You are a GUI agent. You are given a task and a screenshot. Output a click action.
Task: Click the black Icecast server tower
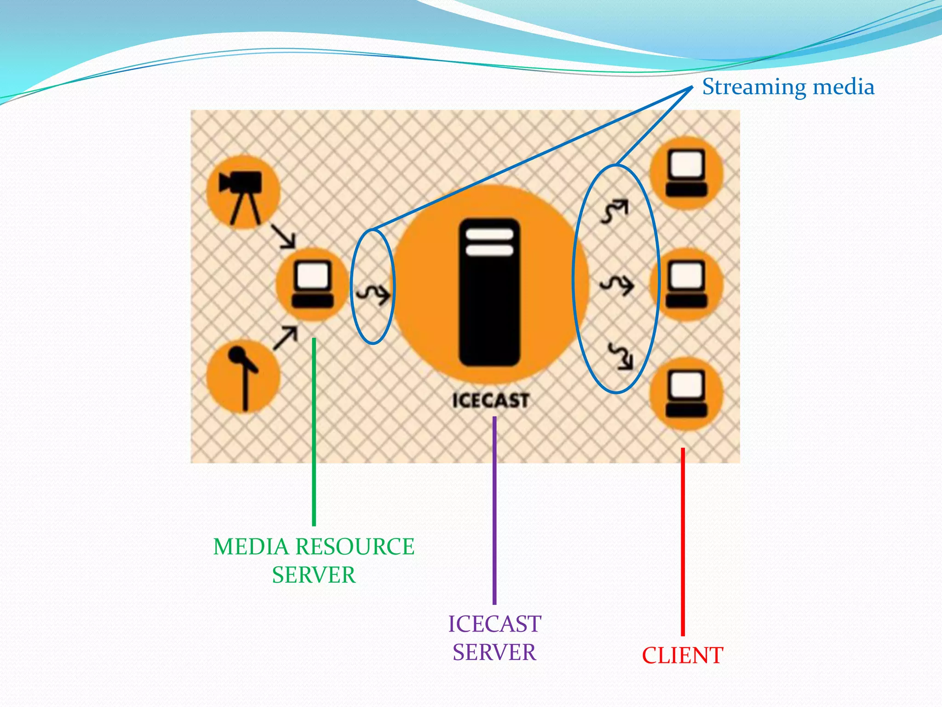point(489,293)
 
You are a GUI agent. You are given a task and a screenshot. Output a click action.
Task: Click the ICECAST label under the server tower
point(490,400)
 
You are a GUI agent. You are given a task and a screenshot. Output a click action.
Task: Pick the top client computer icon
point(686,173)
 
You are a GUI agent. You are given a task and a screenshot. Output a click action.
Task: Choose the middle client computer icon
point(686,284)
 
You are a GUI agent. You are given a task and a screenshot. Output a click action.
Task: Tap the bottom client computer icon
point(686,394)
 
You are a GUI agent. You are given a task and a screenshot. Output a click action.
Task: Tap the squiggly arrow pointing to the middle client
point(617,285)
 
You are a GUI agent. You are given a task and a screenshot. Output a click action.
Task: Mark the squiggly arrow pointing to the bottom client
point(620,356)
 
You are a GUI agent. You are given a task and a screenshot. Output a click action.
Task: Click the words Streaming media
point(788,87)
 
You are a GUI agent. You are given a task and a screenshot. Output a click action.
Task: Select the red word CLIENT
point(682,655)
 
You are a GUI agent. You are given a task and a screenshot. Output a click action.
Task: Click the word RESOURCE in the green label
point(355,547)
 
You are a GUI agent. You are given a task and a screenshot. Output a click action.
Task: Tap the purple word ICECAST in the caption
point(494,624)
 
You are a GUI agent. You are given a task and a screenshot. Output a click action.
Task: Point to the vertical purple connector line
point(494,511)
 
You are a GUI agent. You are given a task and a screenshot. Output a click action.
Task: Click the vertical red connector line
point(683,543)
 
